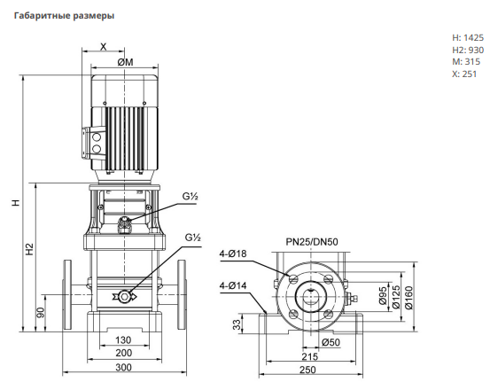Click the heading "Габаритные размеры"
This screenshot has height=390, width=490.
[64, 16]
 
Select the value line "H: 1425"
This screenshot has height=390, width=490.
[468, 38]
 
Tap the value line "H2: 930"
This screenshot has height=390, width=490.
[468, 50]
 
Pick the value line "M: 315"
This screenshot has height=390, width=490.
[466, 61]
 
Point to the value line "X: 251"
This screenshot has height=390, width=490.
[464, 74]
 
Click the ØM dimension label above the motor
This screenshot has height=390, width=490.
[125, 62]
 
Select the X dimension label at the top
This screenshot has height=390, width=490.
[103, 47]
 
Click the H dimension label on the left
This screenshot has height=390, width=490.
[16, 202]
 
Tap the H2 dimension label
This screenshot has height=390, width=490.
[29, 249]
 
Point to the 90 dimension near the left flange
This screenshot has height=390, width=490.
[41, 313]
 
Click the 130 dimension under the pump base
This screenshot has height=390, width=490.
[123, 339]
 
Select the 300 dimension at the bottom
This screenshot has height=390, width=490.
[123, 367]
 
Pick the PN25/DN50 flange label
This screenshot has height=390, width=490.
[312, 242]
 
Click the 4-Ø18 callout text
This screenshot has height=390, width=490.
[233, 253]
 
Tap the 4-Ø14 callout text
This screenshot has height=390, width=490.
[233, 285]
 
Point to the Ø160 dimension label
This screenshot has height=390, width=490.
[408, 298]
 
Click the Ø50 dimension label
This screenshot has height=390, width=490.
[331, 342]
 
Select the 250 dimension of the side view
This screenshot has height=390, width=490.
[307, 370]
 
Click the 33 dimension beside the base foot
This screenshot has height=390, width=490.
[237, 324]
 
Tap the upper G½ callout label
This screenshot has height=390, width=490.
[191, 197]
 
